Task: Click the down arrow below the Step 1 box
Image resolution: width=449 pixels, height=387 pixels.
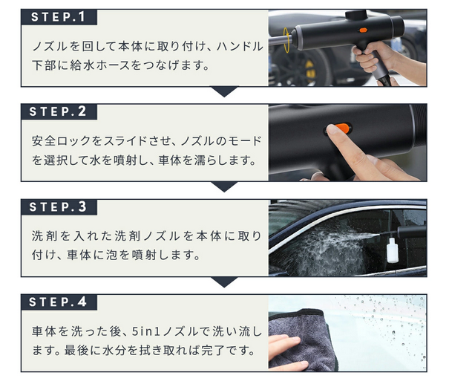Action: point(223,92)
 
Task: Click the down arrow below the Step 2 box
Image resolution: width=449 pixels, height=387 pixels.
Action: point(223,187)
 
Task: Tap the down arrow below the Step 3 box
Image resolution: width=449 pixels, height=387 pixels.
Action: point(223,282)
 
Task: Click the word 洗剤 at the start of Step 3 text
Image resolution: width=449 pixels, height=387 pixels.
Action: point(42,236)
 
